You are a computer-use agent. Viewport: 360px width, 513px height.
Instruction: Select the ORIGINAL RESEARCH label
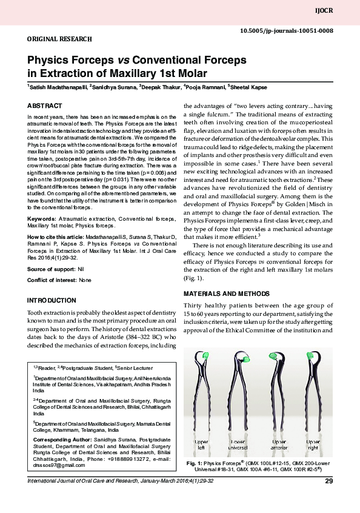pos(59,38)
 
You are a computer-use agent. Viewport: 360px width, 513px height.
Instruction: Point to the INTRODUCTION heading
pos(52,301)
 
